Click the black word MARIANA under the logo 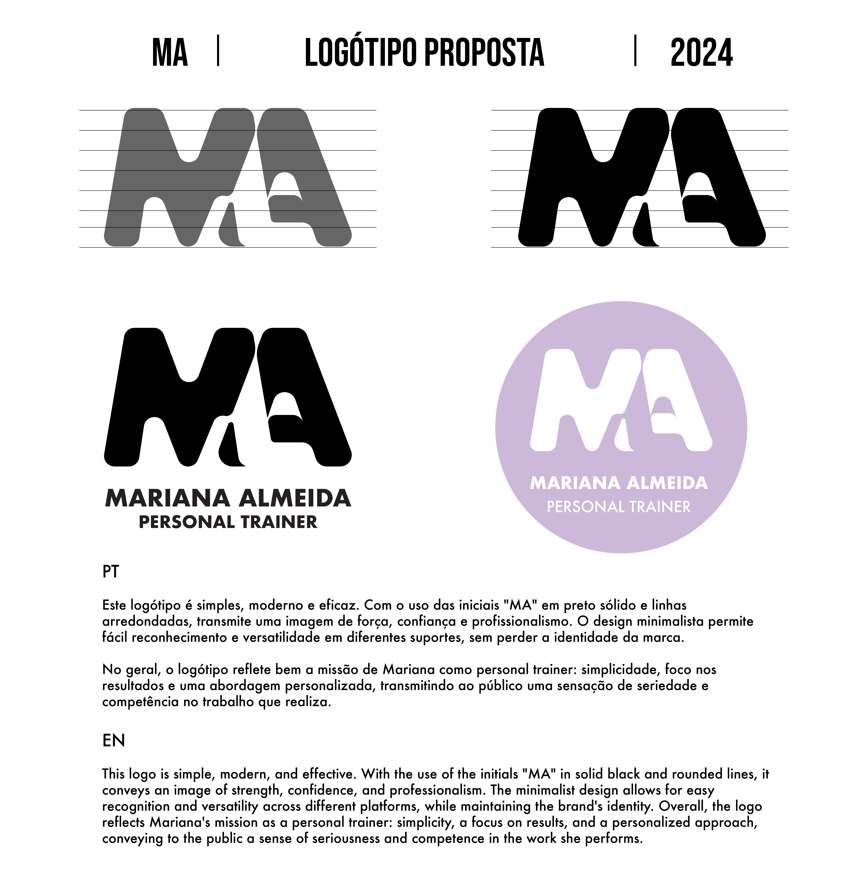[x=167, y=498]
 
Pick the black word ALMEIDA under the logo [x=295, y=498]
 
